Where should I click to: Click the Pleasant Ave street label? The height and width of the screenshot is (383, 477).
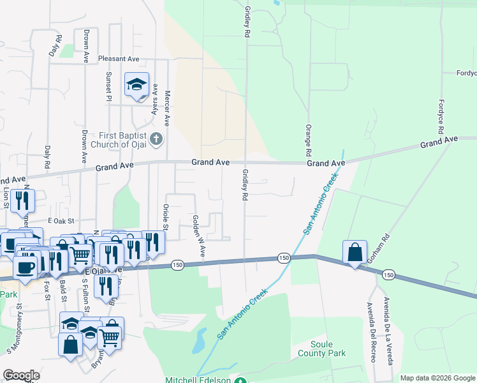[119, 59]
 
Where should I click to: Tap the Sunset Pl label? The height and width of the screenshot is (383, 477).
[109, 87]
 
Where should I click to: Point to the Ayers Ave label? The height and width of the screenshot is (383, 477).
[154, 100]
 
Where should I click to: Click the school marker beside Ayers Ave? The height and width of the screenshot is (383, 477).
[136, 85]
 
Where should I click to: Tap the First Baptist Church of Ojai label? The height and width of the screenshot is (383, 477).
[123, 139]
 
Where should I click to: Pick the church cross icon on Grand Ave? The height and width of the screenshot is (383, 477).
[157, 139]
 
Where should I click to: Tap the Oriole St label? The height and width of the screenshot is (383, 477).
[165, 217]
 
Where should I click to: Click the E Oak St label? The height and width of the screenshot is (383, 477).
[61, 221]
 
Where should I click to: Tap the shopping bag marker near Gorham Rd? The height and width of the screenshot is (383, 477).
[355, 252]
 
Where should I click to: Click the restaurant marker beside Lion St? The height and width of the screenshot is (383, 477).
[22, 200]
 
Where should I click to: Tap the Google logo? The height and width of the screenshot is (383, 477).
[22, 375]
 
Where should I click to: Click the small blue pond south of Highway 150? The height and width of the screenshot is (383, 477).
[198, 341]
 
